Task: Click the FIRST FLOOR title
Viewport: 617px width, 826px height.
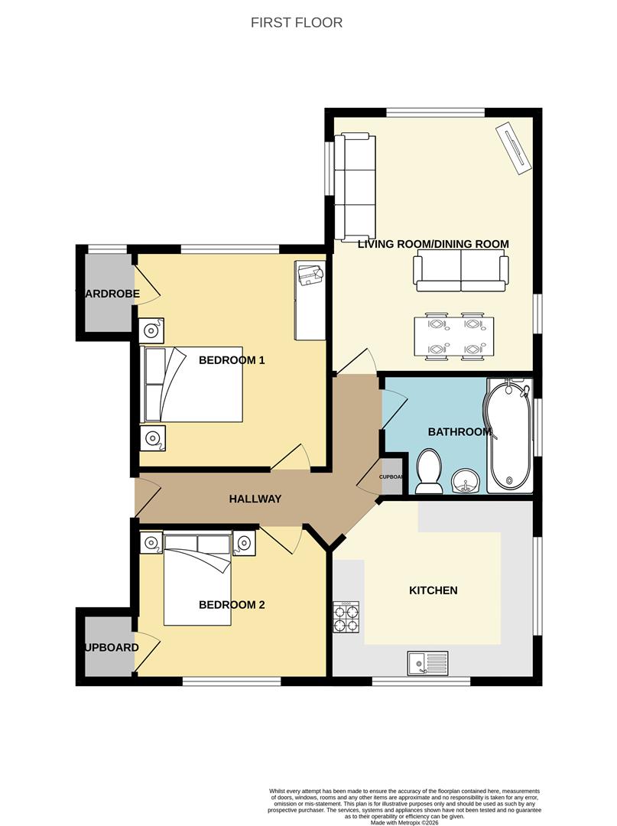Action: [x=297, y=22]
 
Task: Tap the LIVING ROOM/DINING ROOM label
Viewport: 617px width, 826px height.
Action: [x=433, y=244]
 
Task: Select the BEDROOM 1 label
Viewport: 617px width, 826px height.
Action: [x=232, y=359]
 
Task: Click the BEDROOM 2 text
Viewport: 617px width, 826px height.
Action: [x=232, y=605]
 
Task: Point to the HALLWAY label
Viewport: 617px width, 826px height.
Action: [x=255, y=499]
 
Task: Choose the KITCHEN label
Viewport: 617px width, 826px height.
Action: [x=434, y=590]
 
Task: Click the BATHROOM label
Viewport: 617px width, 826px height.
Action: [x=459, y=432]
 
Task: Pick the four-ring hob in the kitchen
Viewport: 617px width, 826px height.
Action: [x=346, y=618]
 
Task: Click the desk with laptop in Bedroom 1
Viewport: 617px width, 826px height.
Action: [x=310, y=300]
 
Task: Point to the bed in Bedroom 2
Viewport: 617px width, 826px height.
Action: [x=197, y=577]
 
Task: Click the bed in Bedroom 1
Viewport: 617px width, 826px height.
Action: [x=191, y=385]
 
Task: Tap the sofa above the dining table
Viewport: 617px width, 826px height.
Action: [x=461, y=273]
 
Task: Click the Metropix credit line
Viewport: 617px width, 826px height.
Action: [x=404, y=823]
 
